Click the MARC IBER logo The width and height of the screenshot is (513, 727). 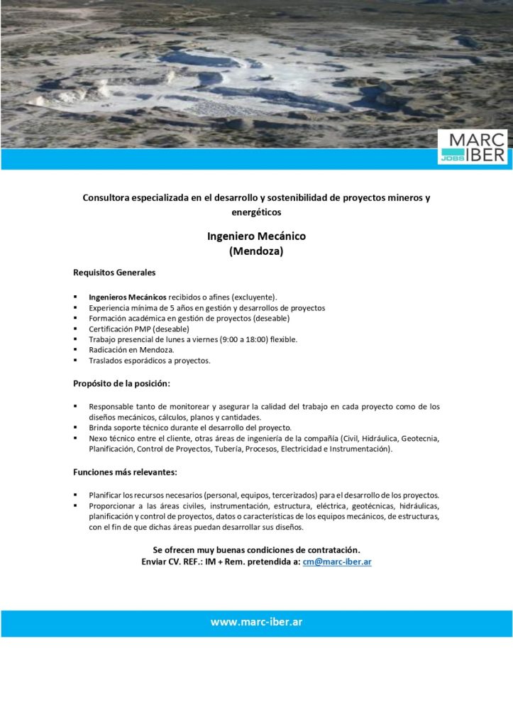coord(473,147)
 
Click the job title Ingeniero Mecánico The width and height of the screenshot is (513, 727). coord(256,236)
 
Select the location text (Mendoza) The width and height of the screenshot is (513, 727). coord(256,251)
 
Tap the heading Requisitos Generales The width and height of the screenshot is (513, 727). coord(114,272)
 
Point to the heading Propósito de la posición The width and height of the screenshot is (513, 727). coord(121,383)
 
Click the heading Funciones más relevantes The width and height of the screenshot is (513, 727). coord(125,471)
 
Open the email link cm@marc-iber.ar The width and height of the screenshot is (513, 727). coord(337,562)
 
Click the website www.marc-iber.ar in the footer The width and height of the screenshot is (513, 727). coord(256,622)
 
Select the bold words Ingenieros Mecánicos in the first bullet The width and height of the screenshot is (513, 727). coord(128,296)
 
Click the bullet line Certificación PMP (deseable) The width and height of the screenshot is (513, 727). coord(139,329)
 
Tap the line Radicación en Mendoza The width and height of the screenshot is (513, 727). coord(131,350)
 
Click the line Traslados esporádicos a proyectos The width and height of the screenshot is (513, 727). coord(150,361)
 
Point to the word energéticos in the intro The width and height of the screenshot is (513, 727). coord(256,212)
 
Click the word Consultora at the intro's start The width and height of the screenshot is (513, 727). coord(109,198)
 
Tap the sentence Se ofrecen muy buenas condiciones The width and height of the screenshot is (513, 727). coord(256,550)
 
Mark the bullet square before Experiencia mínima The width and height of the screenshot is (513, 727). coord(75,307)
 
